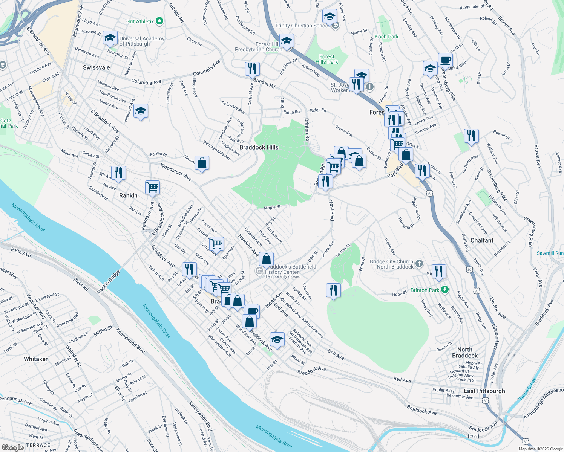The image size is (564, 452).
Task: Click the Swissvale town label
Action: coord(97,67)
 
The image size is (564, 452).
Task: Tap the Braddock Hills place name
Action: coord(259,147)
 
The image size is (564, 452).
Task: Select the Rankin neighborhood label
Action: coord(128,195)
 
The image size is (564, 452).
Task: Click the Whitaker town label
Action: coord(36,359)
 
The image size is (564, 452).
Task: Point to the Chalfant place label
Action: coord(482,240)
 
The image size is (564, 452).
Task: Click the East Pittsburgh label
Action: coord(484,391)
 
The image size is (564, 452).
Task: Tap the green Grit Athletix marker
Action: coord(159,21)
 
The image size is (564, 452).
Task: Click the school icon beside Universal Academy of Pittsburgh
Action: coord(110,38)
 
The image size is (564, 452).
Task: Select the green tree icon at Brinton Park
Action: coord(445,290)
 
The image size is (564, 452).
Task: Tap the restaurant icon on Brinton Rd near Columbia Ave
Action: coord(252,69)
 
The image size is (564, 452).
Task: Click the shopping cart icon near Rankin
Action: coord(153,187)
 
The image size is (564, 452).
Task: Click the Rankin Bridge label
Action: coord(109,282)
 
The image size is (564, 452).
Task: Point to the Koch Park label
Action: coord(386,37)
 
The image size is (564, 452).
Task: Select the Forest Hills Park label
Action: coord(326,59)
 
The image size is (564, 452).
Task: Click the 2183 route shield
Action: coord(474,436)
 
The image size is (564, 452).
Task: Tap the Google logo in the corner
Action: coord(12,447)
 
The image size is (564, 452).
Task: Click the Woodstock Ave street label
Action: coord(176,172)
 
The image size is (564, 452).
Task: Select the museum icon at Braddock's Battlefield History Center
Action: coord(259,270)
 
